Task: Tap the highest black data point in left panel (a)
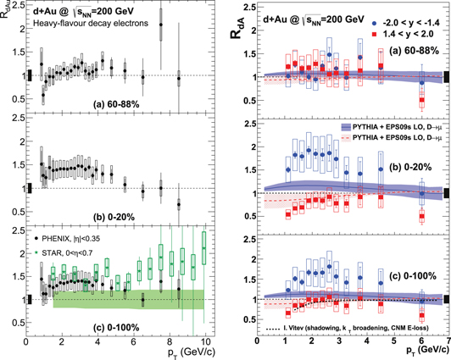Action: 161,25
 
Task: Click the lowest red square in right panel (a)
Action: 421,100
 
